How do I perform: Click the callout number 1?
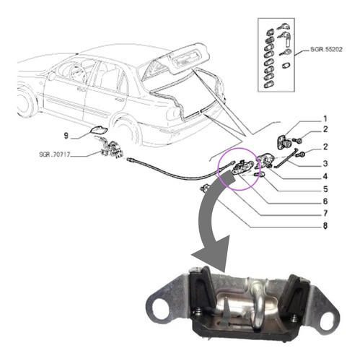325,119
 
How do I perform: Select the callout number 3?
325,163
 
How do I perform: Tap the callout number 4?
325,176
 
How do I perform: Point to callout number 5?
325,189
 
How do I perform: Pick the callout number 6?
325,201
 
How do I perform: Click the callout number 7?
325,213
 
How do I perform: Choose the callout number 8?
325,226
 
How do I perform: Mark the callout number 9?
66,136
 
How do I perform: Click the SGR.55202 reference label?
326,50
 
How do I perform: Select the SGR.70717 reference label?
55,155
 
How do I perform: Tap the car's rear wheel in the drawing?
126,131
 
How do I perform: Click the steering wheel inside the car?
77,71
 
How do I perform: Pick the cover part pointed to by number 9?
98,131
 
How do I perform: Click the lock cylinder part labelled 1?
284,142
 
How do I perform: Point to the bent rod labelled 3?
286,159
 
